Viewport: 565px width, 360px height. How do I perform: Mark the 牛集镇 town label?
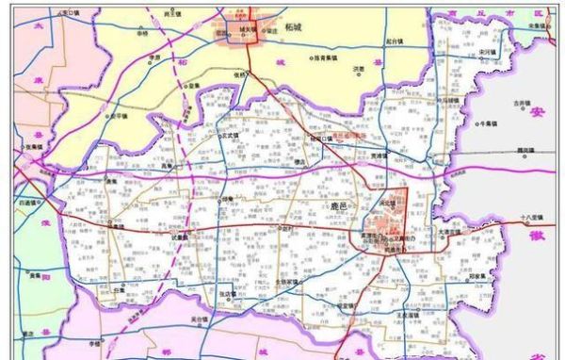[487, 123]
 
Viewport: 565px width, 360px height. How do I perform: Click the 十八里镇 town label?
[533, 217]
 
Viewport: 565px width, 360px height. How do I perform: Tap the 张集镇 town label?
[35, 146]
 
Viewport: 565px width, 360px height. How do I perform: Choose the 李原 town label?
[153, 57]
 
